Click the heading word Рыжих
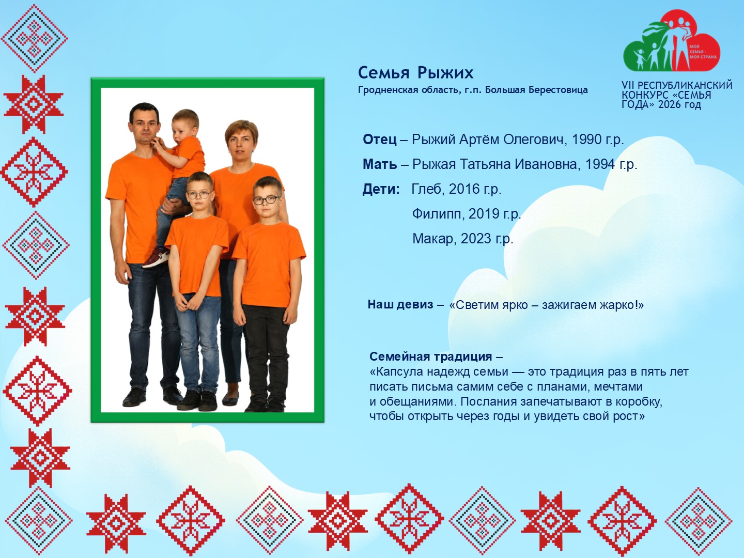pos(445,73)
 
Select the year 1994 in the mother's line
pos(600,164)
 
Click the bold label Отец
pos(380,139)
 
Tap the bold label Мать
pos(380,164)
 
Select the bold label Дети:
pos(381,189)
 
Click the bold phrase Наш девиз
pos(400,305)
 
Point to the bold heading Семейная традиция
pos(430,357)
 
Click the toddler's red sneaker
pos(156,258)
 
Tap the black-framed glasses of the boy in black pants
pos(267,200)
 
